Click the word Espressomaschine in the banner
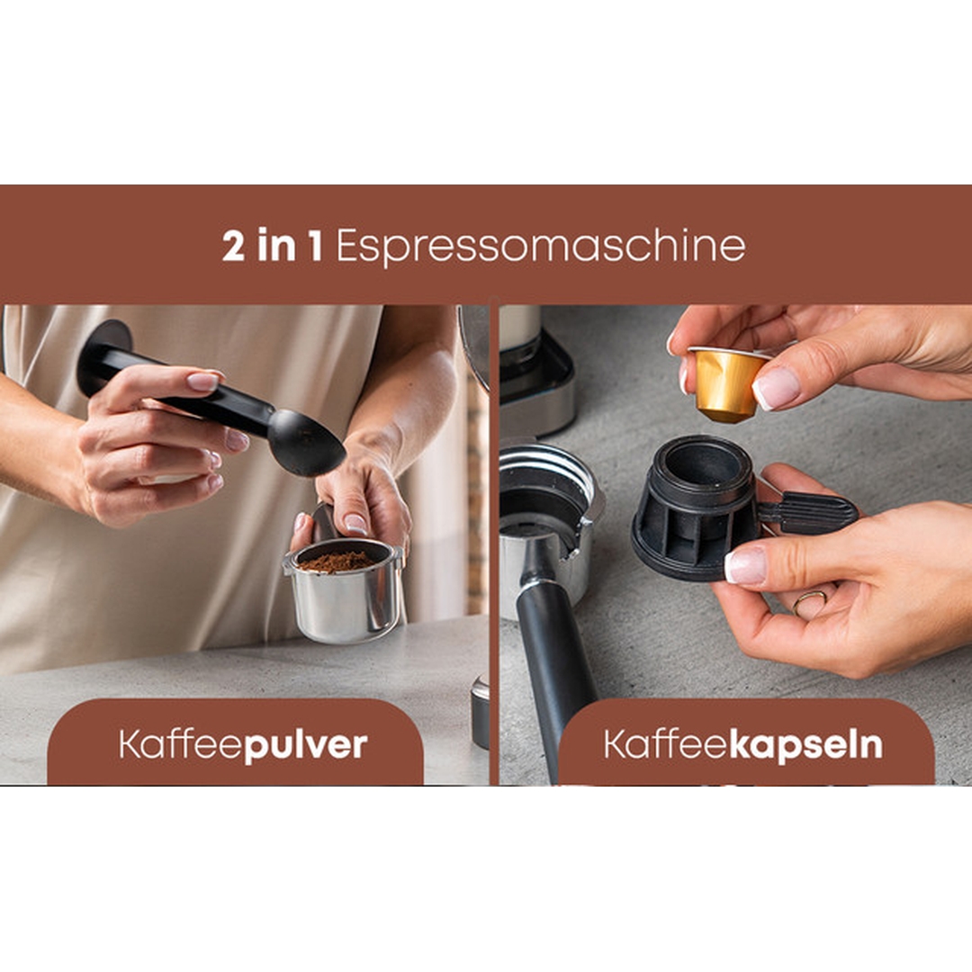point(540,247)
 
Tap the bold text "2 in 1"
point(272,246)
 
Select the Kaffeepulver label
point(243,744)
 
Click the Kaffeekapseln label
point(743,744)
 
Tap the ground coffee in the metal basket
point(337,561)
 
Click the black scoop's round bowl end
point(306,443)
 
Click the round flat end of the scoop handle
point(104,357)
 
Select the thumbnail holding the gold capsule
point(776,388)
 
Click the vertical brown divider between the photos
point(494,544)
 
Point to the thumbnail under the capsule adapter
point(746,565)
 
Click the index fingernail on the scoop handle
point(203,381)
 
